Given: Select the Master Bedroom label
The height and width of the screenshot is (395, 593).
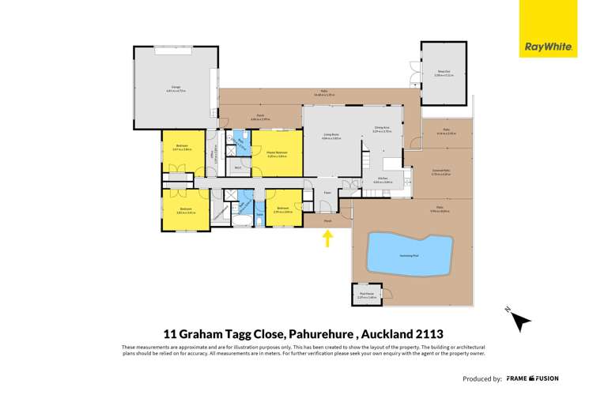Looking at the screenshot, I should (277, 152).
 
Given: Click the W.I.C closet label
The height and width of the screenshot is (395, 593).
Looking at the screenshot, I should (238, 167).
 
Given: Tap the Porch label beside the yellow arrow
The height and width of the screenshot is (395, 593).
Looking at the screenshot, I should (328, 221).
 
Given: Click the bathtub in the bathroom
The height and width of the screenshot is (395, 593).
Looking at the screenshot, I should (236, 223).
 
